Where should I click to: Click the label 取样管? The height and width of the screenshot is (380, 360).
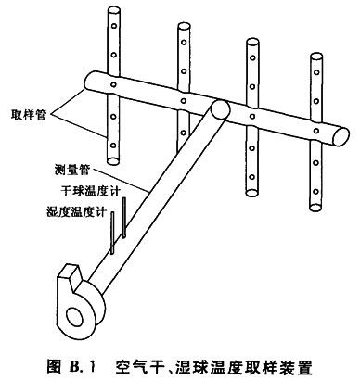[x=29, y=115]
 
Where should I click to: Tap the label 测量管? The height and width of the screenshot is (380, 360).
[x=72, y=171]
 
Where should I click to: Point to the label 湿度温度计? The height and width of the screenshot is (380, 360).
[x=77, y=212]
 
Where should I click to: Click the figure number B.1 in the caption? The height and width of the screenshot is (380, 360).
[x=80, y=367]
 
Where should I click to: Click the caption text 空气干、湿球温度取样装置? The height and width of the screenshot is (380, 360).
[x=214, y=367]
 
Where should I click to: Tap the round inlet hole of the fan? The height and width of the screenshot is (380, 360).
[x=75, y=317]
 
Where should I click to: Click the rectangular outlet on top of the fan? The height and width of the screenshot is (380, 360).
[x=70, y=272]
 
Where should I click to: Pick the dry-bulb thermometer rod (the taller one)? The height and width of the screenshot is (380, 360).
[x=124, y=218]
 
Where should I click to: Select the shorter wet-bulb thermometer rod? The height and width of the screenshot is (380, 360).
[x=112, y=233]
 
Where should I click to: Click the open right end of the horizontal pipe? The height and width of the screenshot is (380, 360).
[x=341, y=136]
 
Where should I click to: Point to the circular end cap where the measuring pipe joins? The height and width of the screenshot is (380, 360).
[x=220, y=108]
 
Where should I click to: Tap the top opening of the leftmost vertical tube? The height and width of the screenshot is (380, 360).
[x=113, y=11]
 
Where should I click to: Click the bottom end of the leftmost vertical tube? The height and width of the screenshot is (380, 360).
[x=113, y=161]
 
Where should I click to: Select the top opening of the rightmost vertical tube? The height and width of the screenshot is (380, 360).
[x=316, y=57]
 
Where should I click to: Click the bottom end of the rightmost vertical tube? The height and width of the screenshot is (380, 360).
[x=315, y=208]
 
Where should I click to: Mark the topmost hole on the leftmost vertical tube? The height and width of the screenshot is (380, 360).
[x=114, y=26]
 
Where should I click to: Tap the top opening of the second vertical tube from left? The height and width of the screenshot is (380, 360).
[x=184, y=27]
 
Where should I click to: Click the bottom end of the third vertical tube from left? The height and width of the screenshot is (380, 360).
[x=251, y=193]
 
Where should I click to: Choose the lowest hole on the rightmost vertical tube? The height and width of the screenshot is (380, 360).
[x=316, y=192]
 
